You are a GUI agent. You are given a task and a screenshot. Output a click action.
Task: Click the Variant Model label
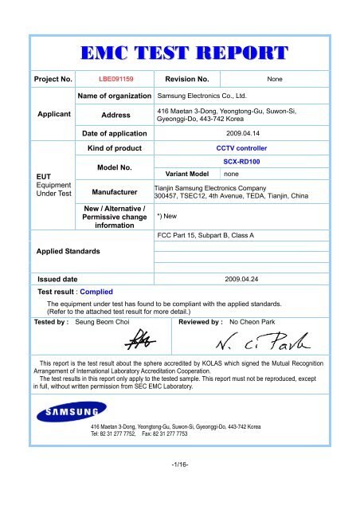pos(186,174)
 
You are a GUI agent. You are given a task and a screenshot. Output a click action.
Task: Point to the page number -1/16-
pos(180,482)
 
